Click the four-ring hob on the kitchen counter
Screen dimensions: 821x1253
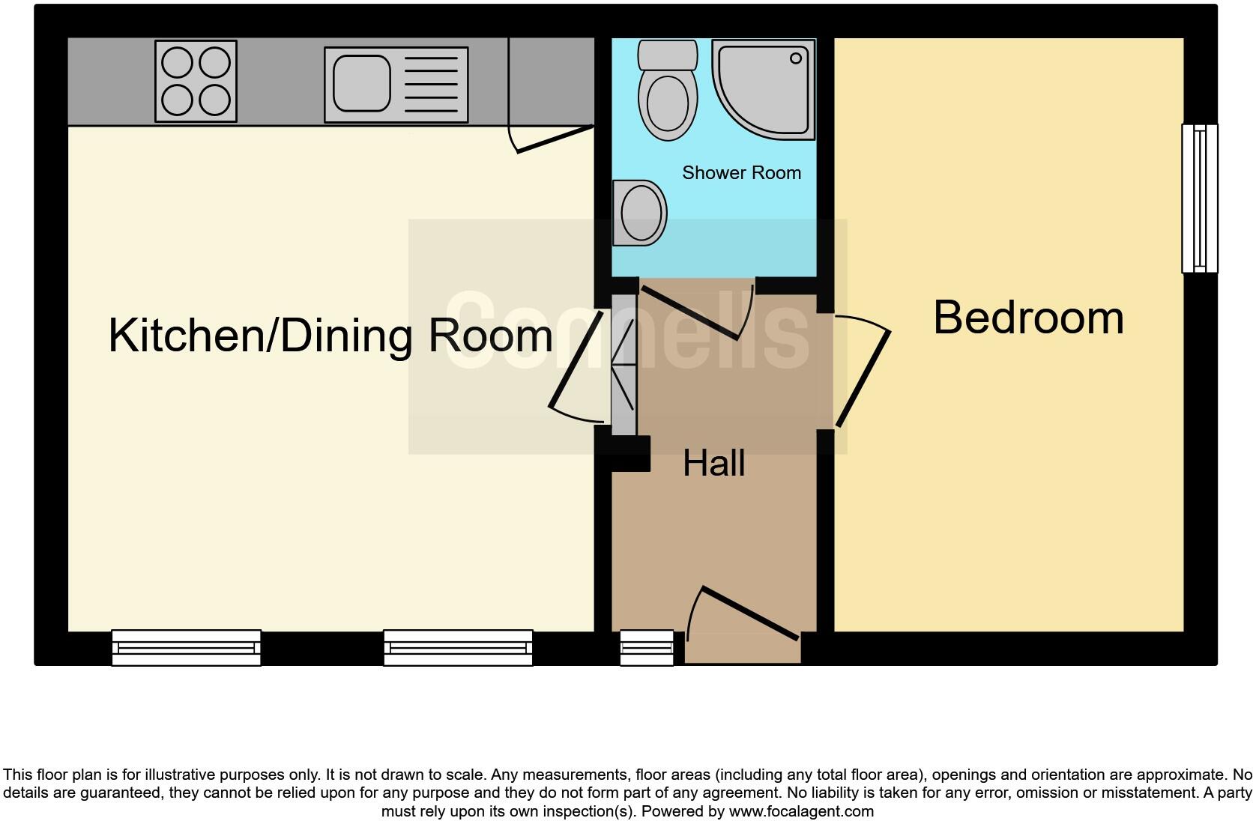click(196, 81)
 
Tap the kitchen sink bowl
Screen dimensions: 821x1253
click(361, 83)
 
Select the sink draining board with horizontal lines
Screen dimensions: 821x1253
click(430, 84)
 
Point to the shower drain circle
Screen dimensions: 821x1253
click(796, 58)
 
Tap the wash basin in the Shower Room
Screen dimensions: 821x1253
click(641, 213)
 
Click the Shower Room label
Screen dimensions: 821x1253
click(741, 173)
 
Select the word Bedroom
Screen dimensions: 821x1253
click(1027, 318)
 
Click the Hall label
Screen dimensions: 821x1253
click(713, 464)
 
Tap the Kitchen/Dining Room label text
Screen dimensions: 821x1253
click(330, 335)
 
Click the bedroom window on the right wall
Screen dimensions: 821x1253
click(1199, 198)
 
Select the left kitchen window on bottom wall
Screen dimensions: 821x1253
click(186, 648)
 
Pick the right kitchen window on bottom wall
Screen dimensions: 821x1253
click(458, 648)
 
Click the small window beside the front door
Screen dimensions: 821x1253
click(647, 648)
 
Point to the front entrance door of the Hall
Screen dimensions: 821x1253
click(749, 613)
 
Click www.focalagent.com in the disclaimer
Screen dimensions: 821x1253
click(801, 811)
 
